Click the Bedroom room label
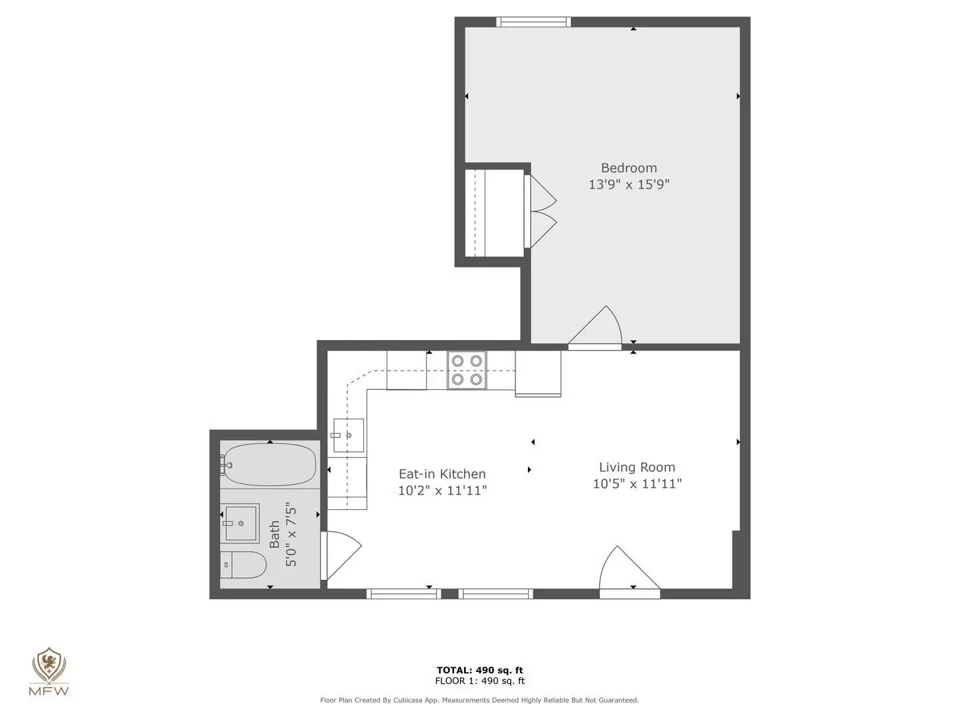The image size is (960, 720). click(x=629, y=168)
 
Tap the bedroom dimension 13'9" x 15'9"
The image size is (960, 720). click(x=629, y=185)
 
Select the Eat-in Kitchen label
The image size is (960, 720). click(x=442, y=474)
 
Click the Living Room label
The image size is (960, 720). click(x=637, y=467)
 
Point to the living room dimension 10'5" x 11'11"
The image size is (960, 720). click(x=637, y=484)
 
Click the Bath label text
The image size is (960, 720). click(x=275, y=535)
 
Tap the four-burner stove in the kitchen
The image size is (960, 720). click(x=467, y=370)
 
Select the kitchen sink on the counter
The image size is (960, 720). click(x=349, y=435)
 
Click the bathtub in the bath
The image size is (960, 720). click(x=270, y=465)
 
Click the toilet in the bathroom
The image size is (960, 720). click(x=243, y=565)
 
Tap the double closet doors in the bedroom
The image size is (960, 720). click(x=541, y=212)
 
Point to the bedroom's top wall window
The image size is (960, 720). click(x=534, y=22)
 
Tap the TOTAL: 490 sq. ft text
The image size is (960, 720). click(x=479, y=670)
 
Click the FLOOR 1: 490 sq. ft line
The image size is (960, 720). click(x=479, y=681)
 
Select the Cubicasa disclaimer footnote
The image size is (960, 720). click(x=479, y=700)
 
